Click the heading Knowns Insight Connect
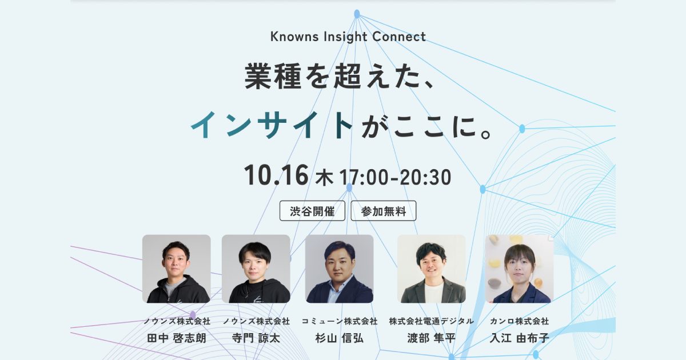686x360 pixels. point(348,37)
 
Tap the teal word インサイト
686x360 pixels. point(272,125)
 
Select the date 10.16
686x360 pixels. point(276,175)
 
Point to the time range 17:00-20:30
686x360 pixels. point(395,177)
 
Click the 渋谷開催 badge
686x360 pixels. point(312,211)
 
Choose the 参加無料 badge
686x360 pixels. point(384,211)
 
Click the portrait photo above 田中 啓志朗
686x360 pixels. point(177,269)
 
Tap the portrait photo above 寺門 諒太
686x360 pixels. point(256,269)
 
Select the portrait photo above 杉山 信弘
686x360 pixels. point(340,269)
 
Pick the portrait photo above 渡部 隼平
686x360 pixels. point(432,269)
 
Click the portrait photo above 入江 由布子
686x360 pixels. point(520,269)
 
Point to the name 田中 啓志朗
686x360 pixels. point(177,338)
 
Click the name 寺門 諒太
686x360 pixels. point(256,338)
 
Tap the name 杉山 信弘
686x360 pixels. point(340,338)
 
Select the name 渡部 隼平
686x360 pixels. point(432,338)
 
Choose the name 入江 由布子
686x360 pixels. point(520,338)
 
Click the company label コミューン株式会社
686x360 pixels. point(340,321)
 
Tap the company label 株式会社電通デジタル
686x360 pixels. point(432,321)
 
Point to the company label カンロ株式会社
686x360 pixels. point(520,321)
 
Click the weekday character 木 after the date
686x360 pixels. point(324,178)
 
